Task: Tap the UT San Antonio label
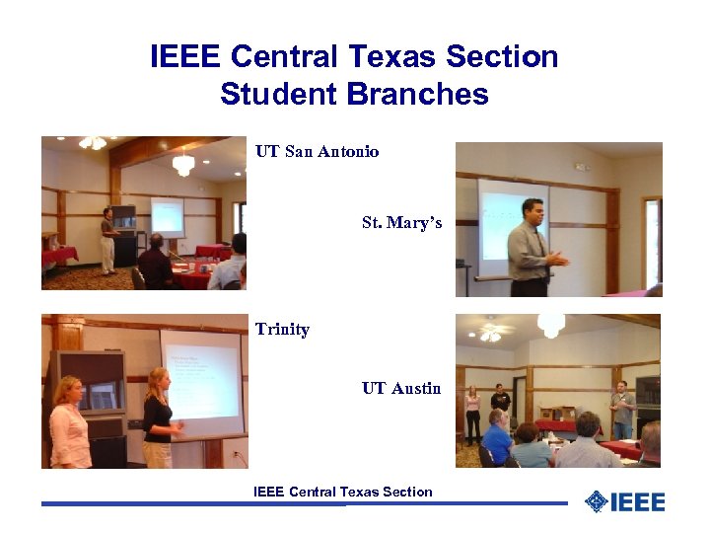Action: [317, 151]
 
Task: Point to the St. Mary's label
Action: [401, 222]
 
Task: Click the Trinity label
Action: [282, 329]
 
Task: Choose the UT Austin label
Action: [401, 388]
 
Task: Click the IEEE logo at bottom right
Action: [624, 501]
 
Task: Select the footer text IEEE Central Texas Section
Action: [342, 492]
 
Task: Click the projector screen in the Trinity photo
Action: [201, 380]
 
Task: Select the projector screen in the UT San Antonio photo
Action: [167, 217]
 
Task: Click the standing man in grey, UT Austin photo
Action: [621, 409]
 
